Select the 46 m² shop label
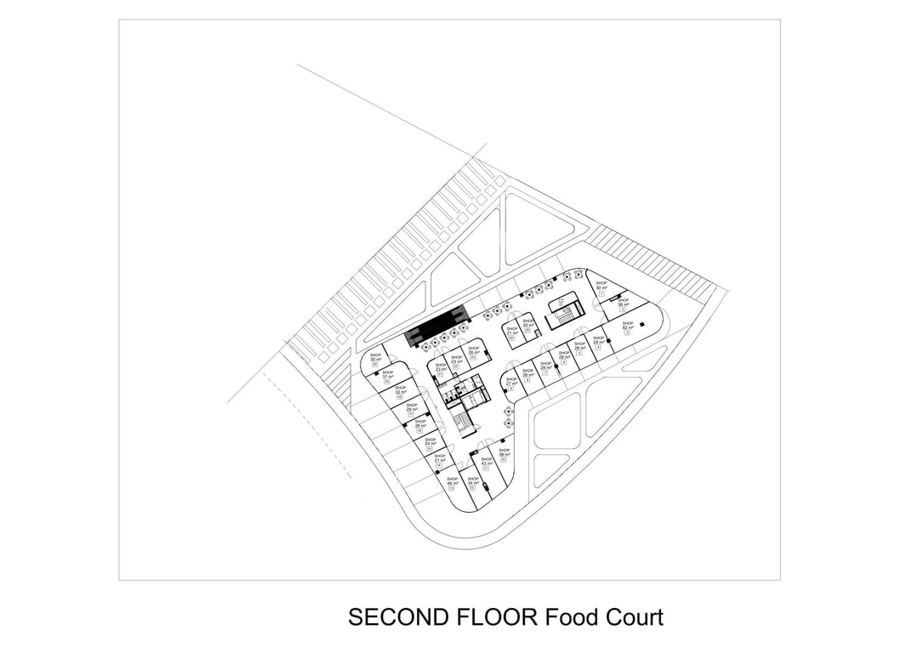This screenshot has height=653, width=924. tap(452, 481)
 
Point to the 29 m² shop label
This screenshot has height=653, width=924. tap(412, 408)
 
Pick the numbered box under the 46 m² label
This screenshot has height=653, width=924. tap(451, 489)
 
